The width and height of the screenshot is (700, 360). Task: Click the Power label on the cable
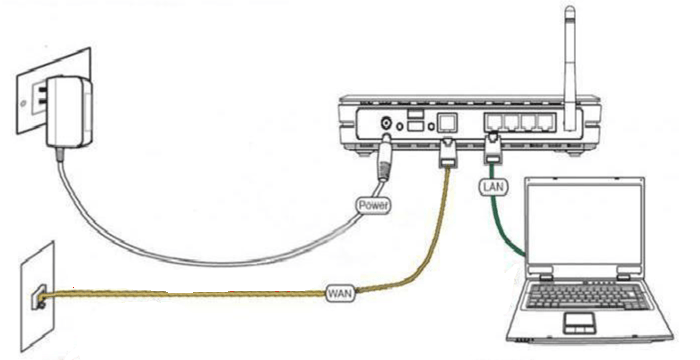(373, 205)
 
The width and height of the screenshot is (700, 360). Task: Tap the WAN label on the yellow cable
(341, 294)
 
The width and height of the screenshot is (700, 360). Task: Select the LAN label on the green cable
(494, 187)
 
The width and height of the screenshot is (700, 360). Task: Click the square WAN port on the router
(447, 122)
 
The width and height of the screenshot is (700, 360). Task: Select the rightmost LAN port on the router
(546, 122)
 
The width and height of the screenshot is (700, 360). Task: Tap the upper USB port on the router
(416, 114)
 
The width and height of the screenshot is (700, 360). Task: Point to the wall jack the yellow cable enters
(38, 296)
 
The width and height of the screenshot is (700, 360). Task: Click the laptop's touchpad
(579, 322)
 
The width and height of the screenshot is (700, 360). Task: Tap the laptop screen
(585, 224)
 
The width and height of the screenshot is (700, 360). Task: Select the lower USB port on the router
(416, 126)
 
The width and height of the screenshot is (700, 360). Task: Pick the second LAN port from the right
(529, 122)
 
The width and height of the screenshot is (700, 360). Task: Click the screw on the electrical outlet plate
(23, 105)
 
